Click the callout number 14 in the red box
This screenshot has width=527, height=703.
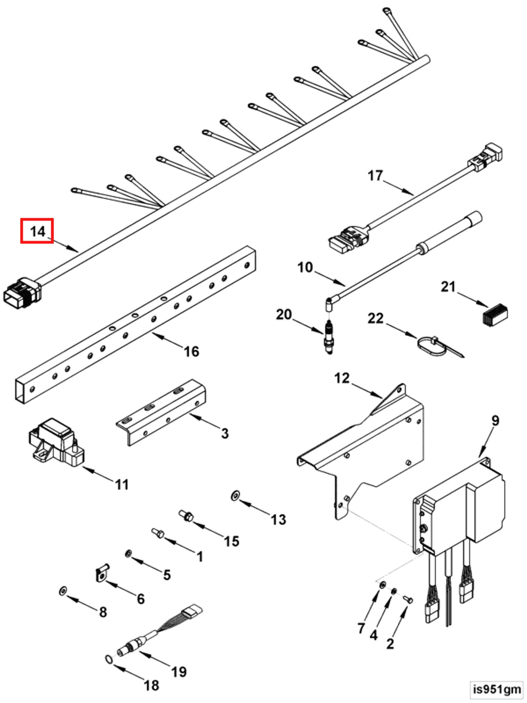(x=37, y=231)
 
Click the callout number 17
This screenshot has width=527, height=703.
(x=375, y=175)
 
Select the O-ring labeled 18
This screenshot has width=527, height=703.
(x=109, y=659)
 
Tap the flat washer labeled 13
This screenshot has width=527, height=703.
(x=235, y=496)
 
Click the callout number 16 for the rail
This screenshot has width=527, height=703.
(x=192, y=351)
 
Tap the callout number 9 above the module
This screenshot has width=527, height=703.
(x=495, y=420)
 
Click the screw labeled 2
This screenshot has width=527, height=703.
(x=409, y=599)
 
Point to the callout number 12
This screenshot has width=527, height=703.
(x=342, y=378)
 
